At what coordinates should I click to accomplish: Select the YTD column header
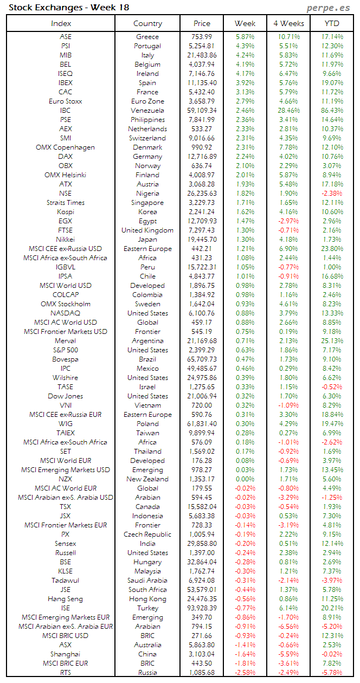coord(332,23)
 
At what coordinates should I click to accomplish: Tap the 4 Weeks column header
coord(288,23)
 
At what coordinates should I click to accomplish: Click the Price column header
coord(202,23)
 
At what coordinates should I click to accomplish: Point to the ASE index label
coord(65,37)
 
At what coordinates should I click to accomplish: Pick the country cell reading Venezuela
coord(147,111)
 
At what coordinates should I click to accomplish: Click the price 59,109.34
coord(202,111)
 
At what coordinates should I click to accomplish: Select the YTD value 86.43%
coord(332,111)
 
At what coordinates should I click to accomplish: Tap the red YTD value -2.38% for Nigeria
coord(332,194)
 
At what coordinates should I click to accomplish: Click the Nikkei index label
coord(65,240)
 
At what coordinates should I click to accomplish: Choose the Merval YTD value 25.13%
coord(332,341)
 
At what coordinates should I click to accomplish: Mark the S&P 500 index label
coord(65,350)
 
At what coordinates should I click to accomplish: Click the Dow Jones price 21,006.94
coord(202,396)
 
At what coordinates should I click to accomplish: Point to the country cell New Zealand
coord(147,479)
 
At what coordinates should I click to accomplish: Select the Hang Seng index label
coord(65,599)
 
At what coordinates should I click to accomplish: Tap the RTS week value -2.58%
coord(245,673)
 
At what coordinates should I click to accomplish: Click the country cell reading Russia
coord(147,673)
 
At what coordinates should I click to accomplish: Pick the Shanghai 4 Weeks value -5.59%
coord(288,654)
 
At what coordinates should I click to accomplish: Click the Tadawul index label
coord(65,581)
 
